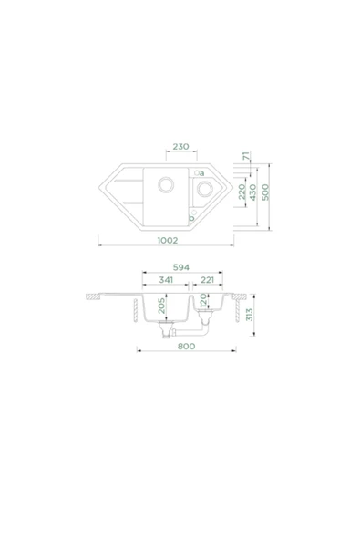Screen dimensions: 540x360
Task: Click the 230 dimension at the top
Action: tap(179, 146)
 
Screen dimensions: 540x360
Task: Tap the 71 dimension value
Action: tap(245, 157)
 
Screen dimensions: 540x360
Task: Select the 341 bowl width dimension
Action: tap(165, 281)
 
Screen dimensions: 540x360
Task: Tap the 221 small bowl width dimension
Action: tap(208, 281)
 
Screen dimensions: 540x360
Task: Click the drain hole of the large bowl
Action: tap(167, 184)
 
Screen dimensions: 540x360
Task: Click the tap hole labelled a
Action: tap(194, 169)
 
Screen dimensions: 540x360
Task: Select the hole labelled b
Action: tap(190, 216)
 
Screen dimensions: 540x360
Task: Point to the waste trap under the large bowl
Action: tap(166, 334)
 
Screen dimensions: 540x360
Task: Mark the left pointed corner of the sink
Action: tap(99, 193)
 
